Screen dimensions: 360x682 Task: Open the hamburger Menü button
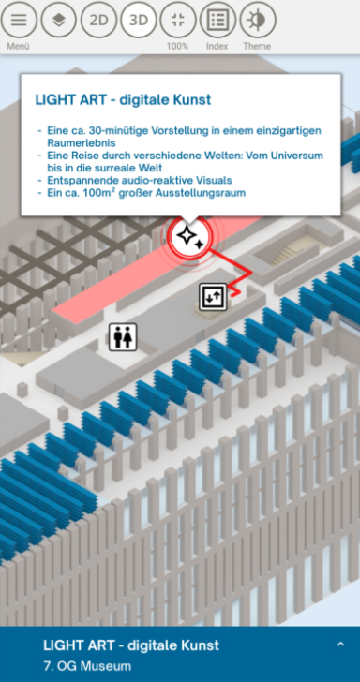pos(19,20)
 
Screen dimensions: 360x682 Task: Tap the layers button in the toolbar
pos(59,20)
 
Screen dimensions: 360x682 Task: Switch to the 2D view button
pos(98,20)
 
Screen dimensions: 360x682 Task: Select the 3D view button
pos(139,20)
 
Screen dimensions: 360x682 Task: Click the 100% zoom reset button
pos(178,20)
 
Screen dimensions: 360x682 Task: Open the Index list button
pos(217,20)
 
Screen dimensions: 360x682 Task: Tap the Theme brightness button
pos(258,20)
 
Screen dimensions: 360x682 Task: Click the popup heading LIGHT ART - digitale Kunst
pos(123,99)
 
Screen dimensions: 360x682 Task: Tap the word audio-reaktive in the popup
pos(147,180)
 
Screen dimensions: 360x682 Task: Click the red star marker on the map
pos(190,236)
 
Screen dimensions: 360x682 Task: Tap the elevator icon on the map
pos(214,297)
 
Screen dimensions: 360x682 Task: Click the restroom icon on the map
pos(123,337)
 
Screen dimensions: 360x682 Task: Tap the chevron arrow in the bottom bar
pos(341,645)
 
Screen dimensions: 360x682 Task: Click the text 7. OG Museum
pos(87,666)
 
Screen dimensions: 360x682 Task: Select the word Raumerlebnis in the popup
pos(82,143)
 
